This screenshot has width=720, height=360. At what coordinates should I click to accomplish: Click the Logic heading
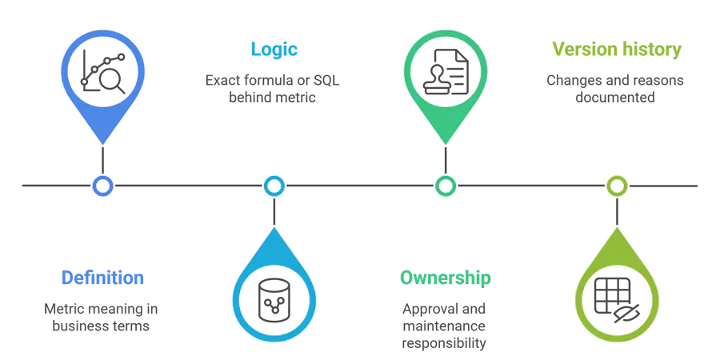coord(274,50)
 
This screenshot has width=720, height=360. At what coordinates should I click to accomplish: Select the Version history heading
coord(617,49)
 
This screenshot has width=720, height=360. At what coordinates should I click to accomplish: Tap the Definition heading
coord(102,278)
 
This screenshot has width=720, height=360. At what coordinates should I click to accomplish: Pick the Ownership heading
coord(445,278)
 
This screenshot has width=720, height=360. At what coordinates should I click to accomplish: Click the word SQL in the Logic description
coord(326,80)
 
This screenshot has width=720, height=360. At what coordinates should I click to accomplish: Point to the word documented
coord(615,98)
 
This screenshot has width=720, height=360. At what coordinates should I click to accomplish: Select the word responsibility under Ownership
coord(444,343)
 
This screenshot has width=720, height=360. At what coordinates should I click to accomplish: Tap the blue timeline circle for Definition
coord(102,186)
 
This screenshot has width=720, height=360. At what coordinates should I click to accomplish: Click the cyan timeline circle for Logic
coord(274,186)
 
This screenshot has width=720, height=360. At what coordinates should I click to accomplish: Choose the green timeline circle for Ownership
coord(446,186)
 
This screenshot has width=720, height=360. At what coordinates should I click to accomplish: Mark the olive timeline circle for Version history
coord(617,186)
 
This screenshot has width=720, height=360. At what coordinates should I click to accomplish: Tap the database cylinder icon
coord(274,301)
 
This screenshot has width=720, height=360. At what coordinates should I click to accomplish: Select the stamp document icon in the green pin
coord(446,72)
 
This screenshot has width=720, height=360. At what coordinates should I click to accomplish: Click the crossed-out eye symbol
coord(626,314)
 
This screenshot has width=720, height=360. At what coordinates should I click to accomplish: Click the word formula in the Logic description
coord(266,80)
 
